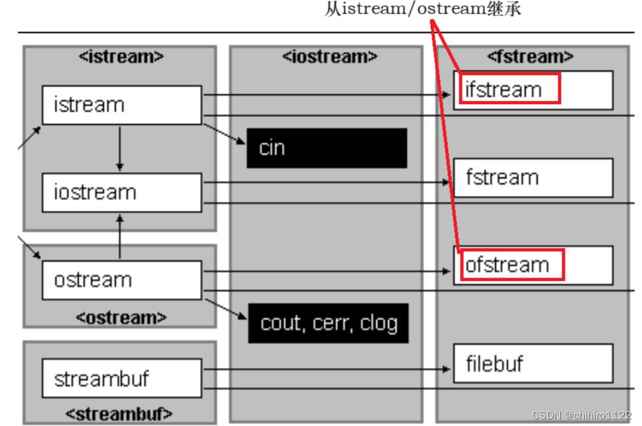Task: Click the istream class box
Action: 121,105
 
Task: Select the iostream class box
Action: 121,193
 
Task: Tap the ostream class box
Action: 121,280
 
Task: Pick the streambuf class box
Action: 121,379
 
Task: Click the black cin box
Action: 327,148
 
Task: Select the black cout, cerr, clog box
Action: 328,323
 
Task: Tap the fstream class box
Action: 533,177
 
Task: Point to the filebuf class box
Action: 533,363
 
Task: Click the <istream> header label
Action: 121,57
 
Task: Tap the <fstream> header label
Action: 530,57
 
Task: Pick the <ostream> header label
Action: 121,317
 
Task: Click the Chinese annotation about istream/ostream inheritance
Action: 423,10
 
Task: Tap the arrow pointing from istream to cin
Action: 224,133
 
